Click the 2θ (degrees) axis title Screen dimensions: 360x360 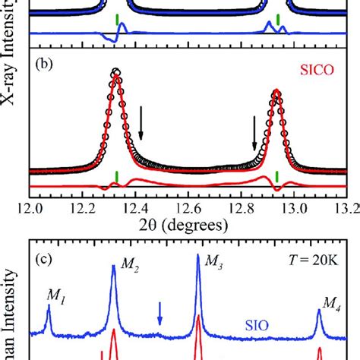point(189,224)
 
